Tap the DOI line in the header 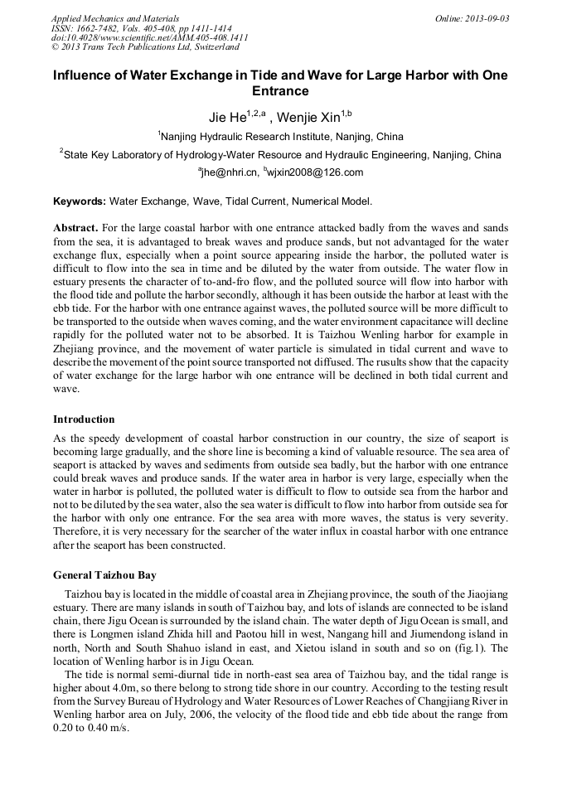tap(150, 37)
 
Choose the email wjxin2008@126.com tap(314, 172)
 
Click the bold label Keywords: tap(80, 201)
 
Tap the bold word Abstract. tap(75, 228)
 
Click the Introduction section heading tap(84, 419)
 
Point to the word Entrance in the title tap(280, 90)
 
